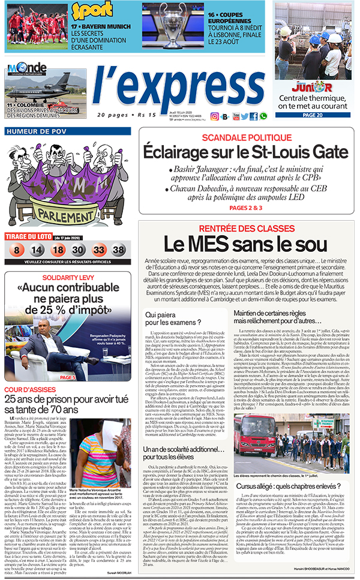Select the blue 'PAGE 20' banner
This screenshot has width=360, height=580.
click(x=312, y=115)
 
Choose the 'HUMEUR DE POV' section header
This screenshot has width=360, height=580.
click(x=36, y=131)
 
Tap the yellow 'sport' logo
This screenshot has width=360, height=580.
click(x=92, y=11)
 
